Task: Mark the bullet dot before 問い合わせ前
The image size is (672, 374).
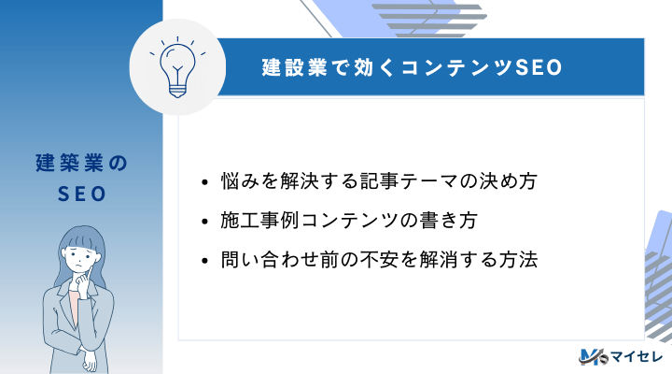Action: tap(205, 261)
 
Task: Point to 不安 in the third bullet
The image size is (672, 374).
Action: tap(393, 260)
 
